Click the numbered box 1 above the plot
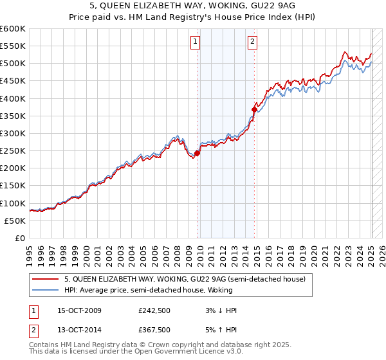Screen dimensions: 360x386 [195, 42]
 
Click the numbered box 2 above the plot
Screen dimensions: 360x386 [252, 42]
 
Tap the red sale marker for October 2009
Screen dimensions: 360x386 [198, 153]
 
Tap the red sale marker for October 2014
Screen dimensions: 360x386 [254, 109]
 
